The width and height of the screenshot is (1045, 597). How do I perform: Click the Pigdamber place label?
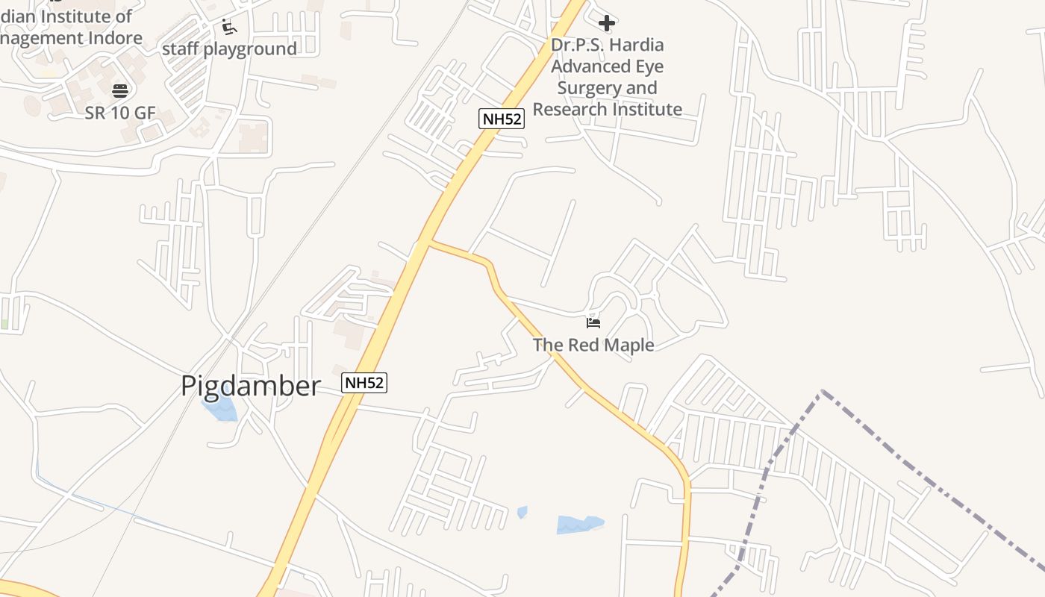pyautogui.click(x=251, y=386)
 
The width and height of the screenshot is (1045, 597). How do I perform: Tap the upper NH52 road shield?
pyautogui.click(x=502, y=118)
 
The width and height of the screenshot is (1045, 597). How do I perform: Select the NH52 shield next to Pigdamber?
pyautogui.click(x=364, y=383)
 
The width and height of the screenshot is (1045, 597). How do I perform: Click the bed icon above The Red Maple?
pyautogui.click(x=593, y=322)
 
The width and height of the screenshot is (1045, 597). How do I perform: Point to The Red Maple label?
pyautogui.click(x=593, y=345)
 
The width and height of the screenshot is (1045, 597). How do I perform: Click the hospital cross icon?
pyautogui.click(x=607, y=23)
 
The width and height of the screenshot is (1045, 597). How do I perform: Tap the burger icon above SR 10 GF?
pyautogui.click(x=120, y=91)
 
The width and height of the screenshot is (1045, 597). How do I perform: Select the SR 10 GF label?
pyautogui.click(x=120, y=113)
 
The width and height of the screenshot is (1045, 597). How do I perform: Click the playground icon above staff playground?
pyautogui.click(x=229, y=28)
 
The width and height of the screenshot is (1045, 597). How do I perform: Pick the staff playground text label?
pyautogui.click(x=229, y=49)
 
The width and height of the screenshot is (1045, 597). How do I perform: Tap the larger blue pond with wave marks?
pyautogui.click(x=579, y=525)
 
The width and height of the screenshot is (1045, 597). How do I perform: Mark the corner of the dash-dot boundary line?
pyautogui.click(x=823, y=391)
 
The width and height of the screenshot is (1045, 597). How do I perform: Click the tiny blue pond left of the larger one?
pyautogui.click(x=522, y=512)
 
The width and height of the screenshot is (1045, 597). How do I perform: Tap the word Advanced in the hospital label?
pyautogui.click(x=587, y=66)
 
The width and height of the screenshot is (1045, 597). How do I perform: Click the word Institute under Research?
pyautogui.click(x=646, y=109)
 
